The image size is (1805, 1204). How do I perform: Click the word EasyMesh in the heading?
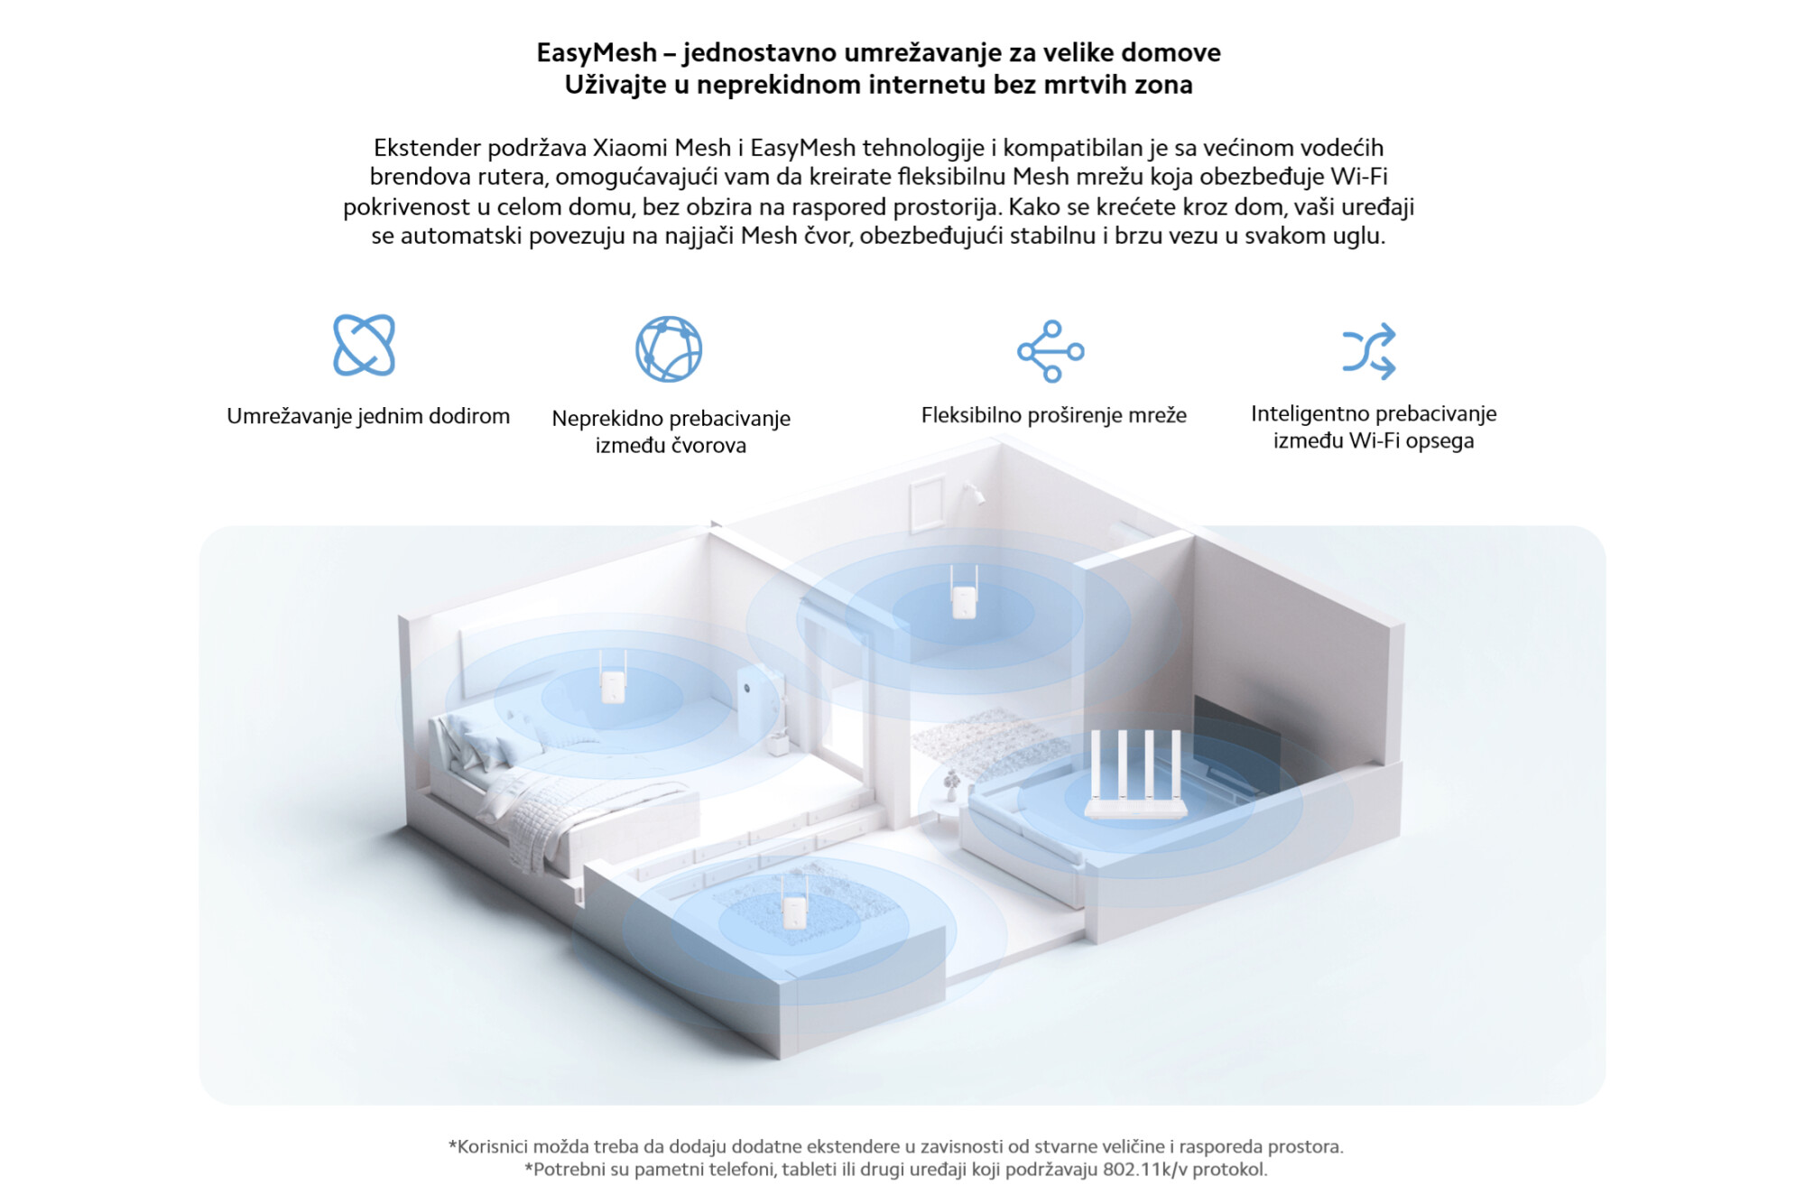pyautogui.click(x=597, y=53)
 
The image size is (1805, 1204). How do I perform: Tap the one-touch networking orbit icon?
pyautogui.click(x=364, y=345)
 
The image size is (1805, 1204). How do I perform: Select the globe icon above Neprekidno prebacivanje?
pyautogui.click(x=669, y=348)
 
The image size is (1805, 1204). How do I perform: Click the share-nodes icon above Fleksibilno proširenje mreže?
pyautogui.click(x=1051, y=351)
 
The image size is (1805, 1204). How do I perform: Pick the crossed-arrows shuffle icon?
pyautogui.click(x=1369, y=350)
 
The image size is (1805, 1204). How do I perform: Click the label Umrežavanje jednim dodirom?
pyautogui.click(x=368, y=416)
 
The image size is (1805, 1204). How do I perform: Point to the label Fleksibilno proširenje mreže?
pyautogui.click(x=1053, y=415)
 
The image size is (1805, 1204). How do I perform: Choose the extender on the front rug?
pyautogui.click(x=793, y=902)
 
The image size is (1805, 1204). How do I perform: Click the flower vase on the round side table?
pyautogui.click(x=950, y=786)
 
